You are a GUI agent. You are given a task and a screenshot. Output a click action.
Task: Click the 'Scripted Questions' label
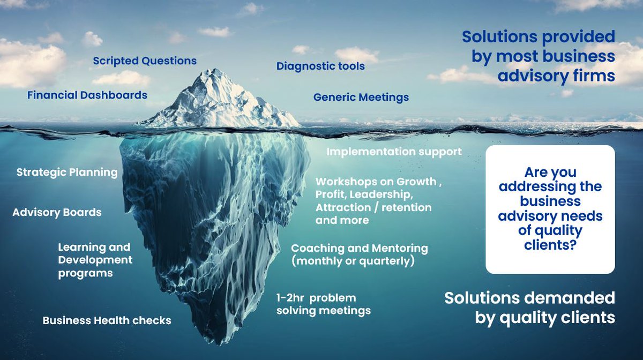click(x=145, y=61)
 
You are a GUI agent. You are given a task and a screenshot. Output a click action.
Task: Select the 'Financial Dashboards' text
click(x=87, y=95)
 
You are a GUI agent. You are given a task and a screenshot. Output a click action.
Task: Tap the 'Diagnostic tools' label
click(x=320, y=66)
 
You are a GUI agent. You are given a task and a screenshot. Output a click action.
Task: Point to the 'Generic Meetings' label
click(x=361, y=97)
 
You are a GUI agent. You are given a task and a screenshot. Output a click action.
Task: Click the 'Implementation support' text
click(x=394, y=152)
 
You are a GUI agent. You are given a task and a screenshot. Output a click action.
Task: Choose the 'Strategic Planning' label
click(x=67, y=172)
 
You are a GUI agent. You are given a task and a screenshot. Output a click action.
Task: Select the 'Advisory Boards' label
click(x=57, y=212)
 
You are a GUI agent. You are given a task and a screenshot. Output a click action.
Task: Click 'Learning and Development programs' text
click(x=95, y=260)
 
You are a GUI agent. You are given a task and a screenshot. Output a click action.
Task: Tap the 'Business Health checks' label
click(x=107, y=320)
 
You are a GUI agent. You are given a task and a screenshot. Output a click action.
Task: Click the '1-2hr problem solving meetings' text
click(x=323, y=304)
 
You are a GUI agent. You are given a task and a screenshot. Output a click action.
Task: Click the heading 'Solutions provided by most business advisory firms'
click(x=539, y=56)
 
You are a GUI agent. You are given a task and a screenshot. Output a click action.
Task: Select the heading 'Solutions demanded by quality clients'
click(x=529, y=307)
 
